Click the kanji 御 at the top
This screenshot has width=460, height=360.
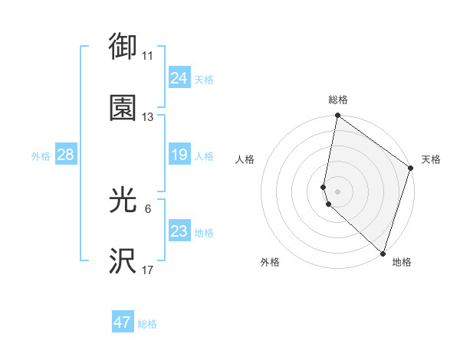point(123,47)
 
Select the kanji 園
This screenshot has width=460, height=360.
point(123,107)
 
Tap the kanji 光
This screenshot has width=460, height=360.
point(123,201)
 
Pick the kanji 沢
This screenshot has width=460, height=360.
point(123,261)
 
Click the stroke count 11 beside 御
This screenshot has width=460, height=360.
point(148,56)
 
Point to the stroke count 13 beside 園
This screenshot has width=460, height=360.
point(148,117)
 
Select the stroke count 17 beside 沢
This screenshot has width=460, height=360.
point(148,270)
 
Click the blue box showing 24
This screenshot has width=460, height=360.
point(179,78)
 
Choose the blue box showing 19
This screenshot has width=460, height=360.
point(179,155)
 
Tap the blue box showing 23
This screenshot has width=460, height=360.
point(179,231)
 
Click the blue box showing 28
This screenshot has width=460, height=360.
point(65,155)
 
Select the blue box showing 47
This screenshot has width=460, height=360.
point(123,322)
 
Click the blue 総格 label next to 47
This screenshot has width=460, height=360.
point(148,324)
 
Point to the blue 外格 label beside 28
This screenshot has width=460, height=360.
point(41,156)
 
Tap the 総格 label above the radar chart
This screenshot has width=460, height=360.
point(338,100)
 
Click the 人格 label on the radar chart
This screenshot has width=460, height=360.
point(245,159)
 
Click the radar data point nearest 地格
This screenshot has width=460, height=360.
point(383,254)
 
